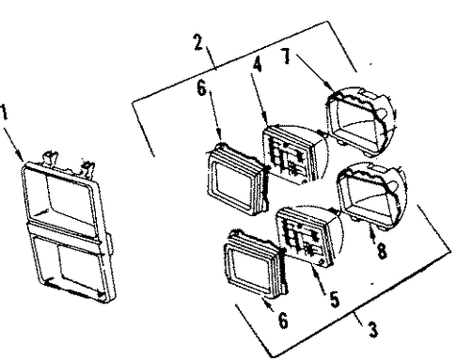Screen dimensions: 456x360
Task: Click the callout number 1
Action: tap(4, 113)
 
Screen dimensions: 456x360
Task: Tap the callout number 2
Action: tap(199, 42)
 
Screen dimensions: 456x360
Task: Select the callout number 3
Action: tap(372, 330)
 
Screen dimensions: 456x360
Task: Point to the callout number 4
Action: tap(257, 65)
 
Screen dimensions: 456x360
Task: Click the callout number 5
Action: tap(334, 299)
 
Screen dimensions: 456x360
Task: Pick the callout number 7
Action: tap(286, 56)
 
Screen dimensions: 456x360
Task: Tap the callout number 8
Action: tap(382, 251)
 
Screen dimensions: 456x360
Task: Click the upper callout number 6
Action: tap(201, 88)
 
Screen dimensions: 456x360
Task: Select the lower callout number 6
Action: tap(283, 321)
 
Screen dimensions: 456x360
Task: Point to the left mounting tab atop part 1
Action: tap(50, 158)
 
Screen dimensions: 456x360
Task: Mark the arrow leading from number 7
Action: tap(314, 72)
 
